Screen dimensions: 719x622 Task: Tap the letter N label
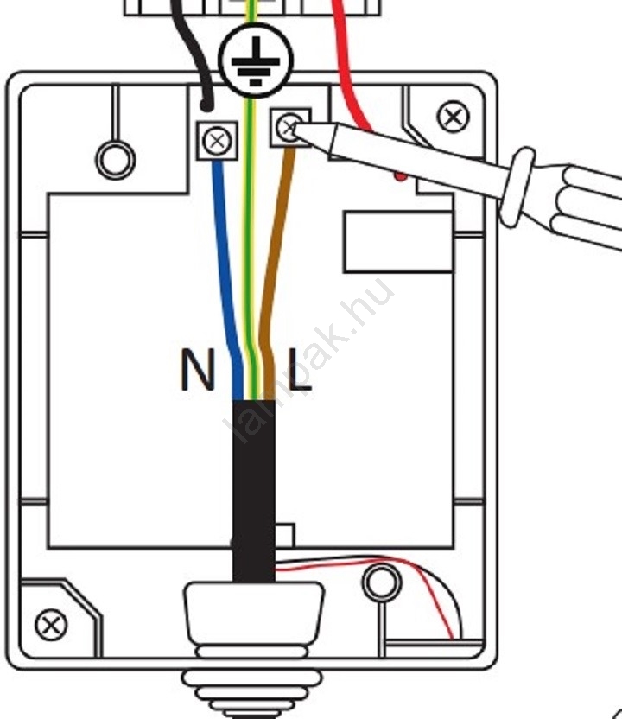coord(198,371)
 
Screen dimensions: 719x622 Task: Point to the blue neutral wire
coord(226,259)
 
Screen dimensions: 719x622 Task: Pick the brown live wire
coord(275,259)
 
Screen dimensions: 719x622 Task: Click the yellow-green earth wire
coord(251,259)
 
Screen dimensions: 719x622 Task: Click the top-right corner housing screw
coord(453,116)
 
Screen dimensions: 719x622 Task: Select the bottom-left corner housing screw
coord(52,623)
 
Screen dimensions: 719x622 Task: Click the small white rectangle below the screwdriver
coord(397,243)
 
